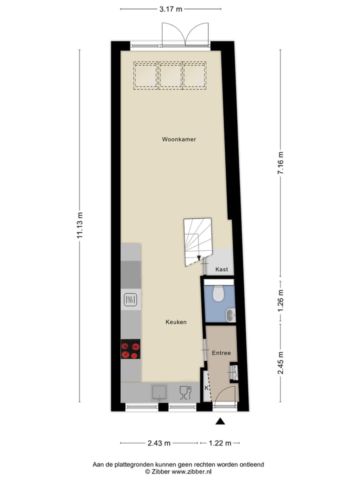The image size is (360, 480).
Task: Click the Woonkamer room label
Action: point(178,139)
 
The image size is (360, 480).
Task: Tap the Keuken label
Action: point(176,322)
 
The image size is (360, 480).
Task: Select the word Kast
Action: point(221,269)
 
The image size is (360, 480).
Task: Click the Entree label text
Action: point(220,353)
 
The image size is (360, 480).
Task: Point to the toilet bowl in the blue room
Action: point(218,293)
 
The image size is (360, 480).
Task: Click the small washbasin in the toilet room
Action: point(230,315)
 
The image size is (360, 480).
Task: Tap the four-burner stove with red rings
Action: point(130,348)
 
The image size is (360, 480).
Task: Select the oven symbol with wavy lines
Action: point(130,300)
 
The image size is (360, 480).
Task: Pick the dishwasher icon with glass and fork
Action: point(184,392)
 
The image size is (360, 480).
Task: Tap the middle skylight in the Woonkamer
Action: point(170,75)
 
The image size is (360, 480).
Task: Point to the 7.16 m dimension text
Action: point(280,162)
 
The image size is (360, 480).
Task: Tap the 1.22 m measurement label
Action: point(220,443)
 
